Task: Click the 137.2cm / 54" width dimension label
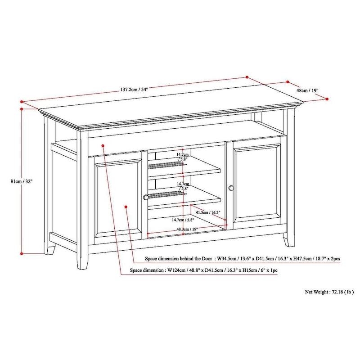(134, 89)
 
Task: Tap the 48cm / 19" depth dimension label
(307, 90)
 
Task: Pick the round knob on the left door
(146, 197)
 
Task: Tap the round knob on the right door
(231, 188)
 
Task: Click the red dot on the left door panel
(126, 207)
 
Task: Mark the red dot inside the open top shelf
(103, 145)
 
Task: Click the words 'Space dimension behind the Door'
(179, 259)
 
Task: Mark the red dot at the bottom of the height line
(22, 253)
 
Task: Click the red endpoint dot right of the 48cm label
(327, 99)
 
